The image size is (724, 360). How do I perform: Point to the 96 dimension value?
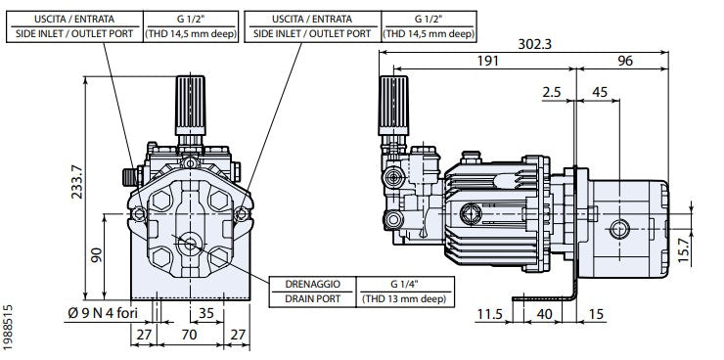click(x=625, y=62)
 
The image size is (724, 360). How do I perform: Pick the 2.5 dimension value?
click(x=551, y=93)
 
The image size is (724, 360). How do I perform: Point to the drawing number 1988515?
click(x=9, y=329)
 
